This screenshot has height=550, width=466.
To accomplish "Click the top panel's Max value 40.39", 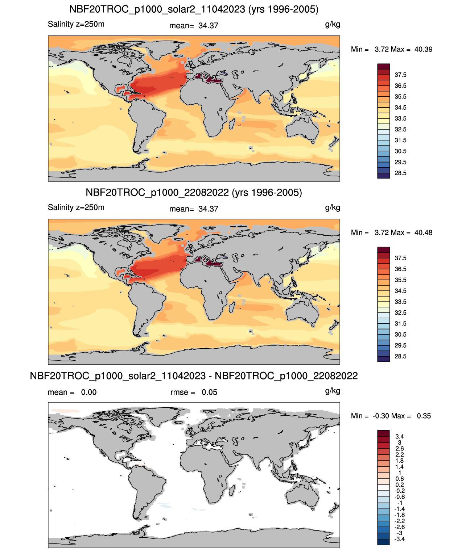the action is (423, 49).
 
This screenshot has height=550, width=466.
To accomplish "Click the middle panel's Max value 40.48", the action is (423, 232).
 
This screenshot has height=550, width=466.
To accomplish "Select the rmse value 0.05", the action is (209, 392).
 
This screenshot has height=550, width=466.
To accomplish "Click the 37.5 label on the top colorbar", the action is (400, 75).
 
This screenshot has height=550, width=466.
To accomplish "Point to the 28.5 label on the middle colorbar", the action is (400, 356).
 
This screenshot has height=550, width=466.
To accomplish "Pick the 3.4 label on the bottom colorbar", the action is (399, 436).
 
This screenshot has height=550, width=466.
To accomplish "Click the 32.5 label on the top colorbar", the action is (400, 129).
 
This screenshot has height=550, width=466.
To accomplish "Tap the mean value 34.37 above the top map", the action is (208, 26).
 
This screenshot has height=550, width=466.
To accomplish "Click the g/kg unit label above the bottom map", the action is (333, 391).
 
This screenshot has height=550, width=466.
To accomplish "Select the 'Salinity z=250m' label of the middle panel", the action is (76, 207).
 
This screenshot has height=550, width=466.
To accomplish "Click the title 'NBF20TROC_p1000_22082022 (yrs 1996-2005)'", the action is (194, 192).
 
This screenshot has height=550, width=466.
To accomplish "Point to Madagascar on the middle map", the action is (232, 307).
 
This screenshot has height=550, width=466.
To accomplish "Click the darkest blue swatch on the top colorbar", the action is (383, 176).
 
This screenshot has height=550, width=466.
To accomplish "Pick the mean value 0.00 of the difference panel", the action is (89, 392).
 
